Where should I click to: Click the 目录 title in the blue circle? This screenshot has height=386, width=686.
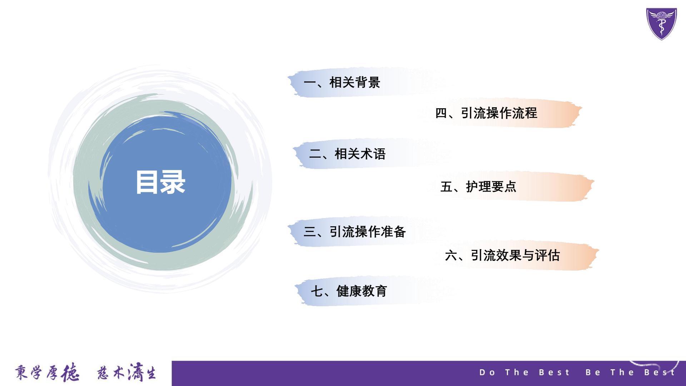pyautogui.click(x=160, y=182)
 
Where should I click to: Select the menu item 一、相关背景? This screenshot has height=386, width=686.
pyautogui.click(x=342, y=83)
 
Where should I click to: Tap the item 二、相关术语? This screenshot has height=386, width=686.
pyautogui.click(x=347, y=154)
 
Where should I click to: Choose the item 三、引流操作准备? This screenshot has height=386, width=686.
pyautogui.click(x=355, y=232)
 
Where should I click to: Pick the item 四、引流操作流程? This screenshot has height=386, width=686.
pyautogui.click(x=486, y=113)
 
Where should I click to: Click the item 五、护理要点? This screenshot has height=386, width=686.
pyautogui.click(x=478, y=187)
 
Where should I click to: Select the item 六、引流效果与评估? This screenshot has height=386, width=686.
pyautogui.click(x=502, y=255)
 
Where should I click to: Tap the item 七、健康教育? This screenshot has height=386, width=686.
pyautogui.click(x=349, y=291)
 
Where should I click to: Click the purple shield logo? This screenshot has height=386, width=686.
pyautogui.click(x=662, y=24)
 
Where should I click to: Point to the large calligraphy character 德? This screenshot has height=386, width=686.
pyautogui.click(x=70, y=373)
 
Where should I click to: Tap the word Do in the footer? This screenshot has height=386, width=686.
pyautogui.click(x=487, y=372)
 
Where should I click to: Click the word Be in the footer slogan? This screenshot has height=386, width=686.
pyautogui.click(x=593, y=372)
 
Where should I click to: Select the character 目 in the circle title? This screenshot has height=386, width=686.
pyautogui.click(x=147, y=182)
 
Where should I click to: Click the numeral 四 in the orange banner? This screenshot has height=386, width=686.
pyautogui.click(x=441, y=113)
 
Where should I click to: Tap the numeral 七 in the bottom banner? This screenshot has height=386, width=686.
pyautogui.click(x=317, y=291)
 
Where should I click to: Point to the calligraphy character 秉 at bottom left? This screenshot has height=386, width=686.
pyautogui.click(x=21, y=372)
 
